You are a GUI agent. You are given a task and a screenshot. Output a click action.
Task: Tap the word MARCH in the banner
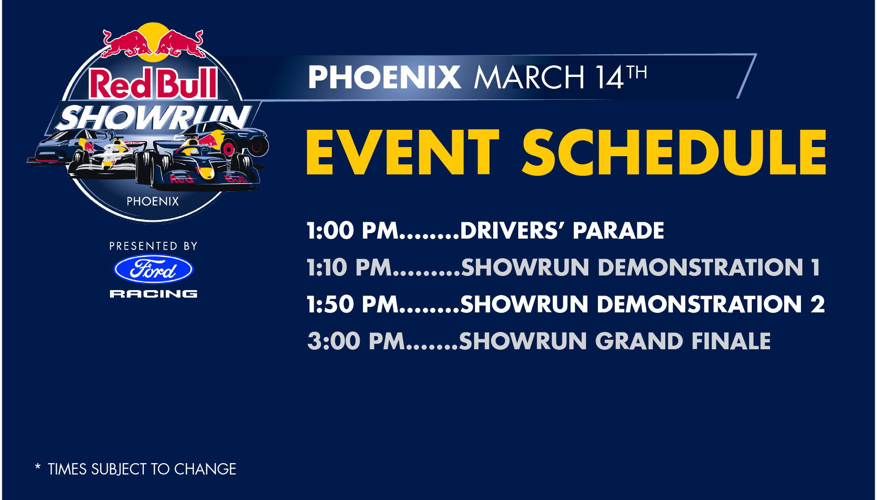[529, 77]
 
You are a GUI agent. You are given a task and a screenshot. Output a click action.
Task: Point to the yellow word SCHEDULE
[674, 152]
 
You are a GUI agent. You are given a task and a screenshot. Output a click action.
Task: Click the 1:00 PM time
[352, 230]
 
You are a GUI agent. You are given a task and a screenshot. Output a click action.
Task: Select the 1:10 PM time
[349, 267]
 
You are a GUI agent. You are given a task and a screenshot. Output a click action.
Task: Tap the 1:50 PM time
[352, 304]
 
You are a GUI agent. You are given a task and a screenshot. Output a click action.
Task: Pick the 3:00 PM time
[356, 341]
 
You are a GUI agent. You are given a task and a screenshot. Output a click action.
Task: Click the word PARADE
[618, 230]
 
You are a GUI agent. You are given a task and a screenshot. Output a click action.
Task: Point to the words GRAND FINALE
[683, 341]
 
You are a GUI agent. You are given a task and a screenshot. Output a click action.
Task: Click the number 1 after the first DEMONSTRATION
[816, 267]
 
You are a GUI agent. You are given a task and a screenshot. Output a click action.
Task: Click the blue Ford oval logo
[153, 269]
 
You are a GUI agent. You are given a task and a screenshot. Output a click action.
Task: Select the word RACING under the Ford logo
[153, 294]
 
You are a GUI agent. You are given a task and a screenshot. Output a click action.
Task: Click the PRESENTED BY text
[153, 246]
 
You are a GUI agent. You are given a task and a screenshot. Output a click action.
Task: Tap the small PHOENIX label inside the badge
[153, 201]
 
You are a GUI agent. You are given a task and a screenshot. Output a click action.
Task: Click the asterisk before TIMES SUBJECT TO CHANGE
[38, 466]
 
